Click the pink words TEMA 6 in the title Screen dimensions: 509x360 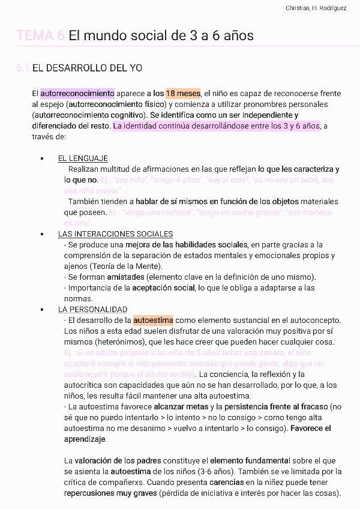pyautogui.click(x=41, y=35)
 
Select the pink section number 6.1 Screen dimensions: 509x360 pyautogui.click(x=22, y=68)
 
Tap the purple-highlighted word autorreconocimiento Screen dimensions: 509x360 pyautogui.click(x=77, y=94)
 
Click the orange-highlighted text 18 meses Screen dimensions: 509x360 pyautogui.click(x=183, y=94)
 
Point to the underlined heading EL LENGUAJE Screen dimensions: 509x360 pyautogui.click(x=83, y=158)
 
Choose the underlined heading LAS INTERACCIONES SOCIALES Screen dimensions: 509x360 pyautogui.click(x=115, y=234)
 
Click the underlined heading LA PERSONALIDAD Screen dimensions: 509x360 pyautogui.click(x=92, y=310)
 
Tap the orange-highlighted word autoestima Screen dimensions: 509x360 pyautogui.click(x=153, y=321)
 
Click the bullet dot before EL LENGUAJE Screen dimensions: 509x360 pyautogui.click(x=42, y=159)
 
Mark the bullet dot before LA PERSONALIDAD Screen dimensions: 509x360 pyautogui.click(x=42, y=310)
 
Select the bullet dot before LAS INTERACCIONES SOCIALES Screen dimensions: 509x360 pyautogui.click(x=42, y=235)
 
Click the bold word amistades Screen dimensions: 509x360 pyautogui.click(x=125, y=277)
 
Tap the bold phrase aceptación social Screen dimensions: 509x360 pyautogui.click(x=164, y=288)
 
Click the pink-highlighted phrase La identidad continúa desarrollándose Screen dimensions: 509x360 pyautogui.click(x=187, y=126)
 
